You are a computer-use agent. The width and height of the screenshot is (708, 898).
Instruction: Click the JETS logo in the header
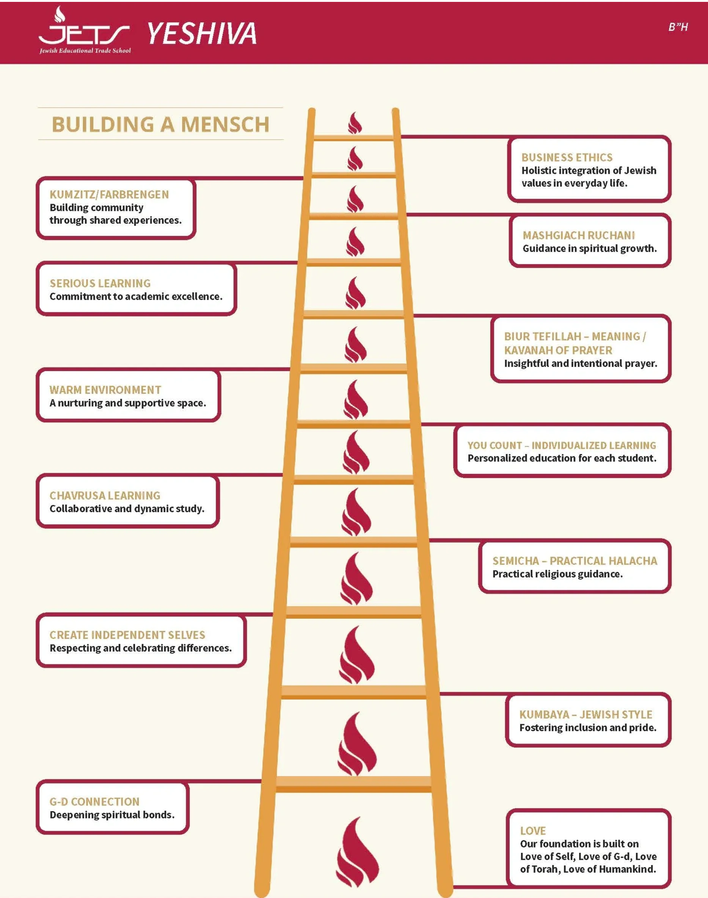[85, 30]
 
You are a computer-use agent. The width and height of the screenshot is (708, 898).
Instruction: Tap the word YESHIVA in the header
[202, 34]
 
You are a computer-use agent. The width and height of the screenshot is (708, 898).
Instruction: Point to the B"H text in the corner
[678, 27]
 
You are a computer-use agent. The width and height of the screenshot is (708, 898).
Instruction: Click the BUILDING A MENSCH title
[160, 124]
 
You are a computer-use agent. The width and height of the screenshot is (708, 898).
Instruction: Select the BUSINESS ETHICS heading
[567, 157]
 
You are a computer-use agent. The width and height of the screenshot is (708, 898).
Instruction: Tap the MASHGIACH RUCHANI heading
[579, 235]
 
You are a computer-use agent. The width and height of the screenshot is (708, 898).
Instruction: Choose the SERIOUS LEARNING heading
[100, 283]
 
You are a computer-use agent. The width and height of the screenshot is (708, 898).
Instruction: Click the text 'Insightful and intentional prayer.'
[581, 363]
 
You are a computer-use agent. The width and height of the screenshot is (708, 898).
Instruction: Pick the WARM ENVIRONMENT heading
[105, 390]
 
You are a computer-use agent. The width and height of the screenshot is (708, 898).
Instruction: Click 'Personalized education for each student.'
[562, 458]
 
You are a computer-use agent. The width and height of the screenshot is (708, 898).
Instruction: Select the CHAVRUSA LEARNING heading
[105, 495]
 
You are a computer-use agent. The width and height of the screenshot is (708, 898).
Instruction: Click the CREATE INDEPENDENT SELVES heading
[127, 635]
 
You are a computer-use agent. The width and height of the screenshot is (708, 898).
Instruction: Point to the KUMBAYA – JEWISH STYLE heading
[586, 714]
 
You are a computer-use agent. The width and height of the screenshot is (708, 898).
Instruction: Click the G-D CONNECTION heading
[94, 801]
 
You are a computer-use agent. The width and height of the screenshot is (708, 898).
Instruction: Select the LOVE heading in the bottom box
[533, 830]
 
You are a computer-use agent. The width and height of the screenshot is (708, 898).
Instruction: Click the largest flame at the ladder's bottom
[357, 852]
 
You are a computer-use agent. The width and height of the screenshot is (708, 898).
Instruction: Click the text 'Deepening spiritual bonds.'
[112, 815]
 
